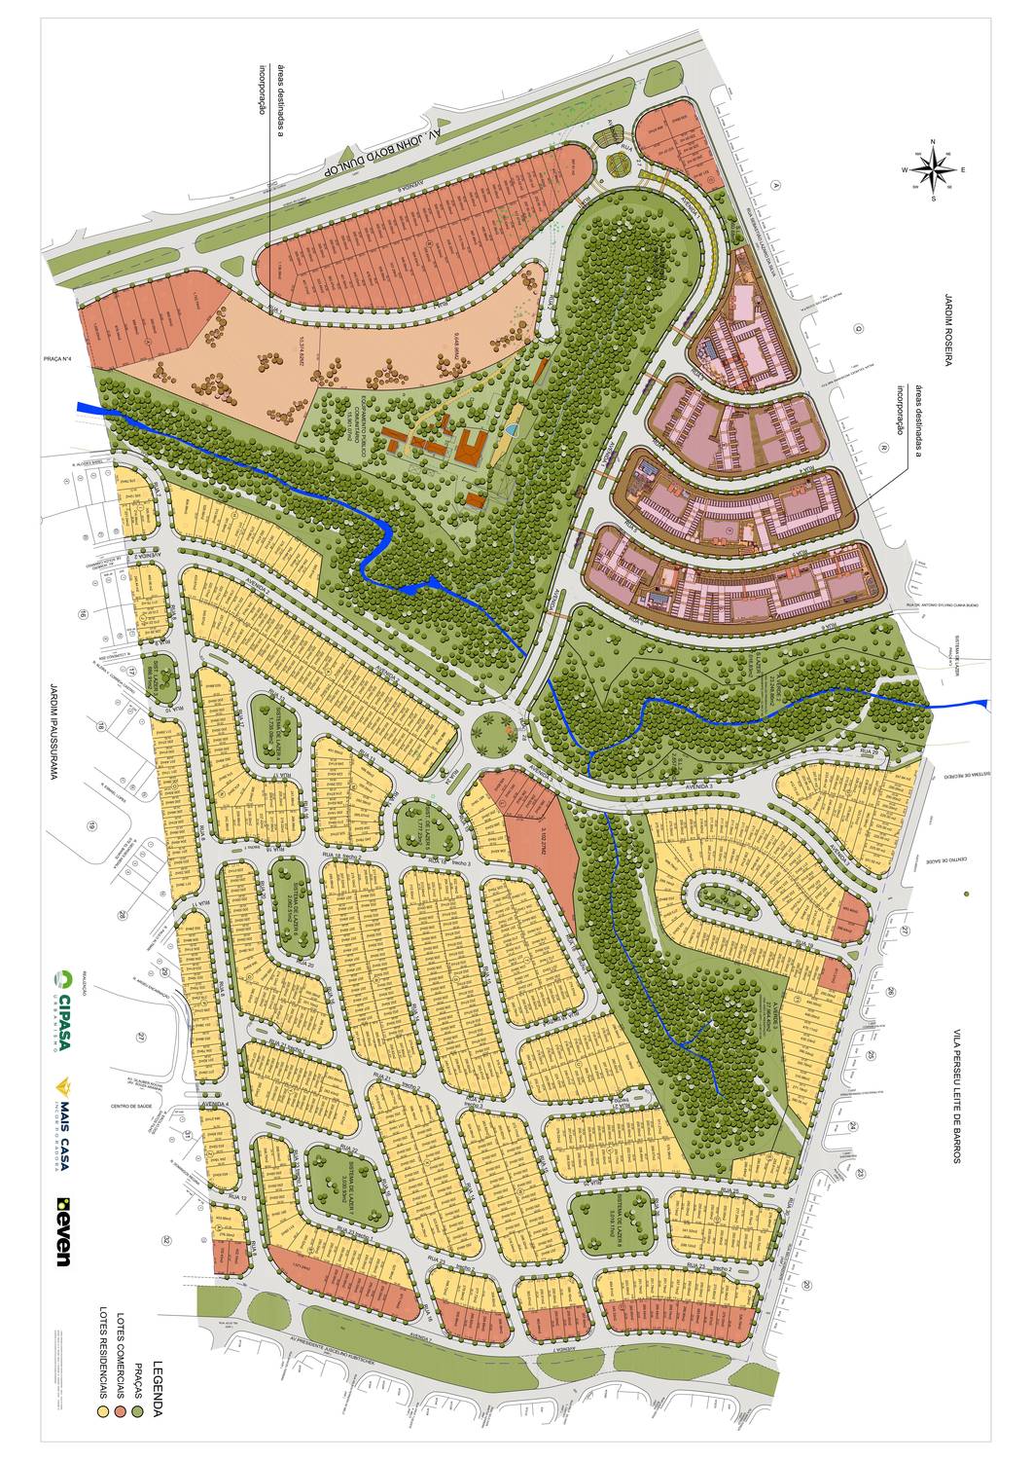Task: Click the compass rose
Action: (x=933, y=171)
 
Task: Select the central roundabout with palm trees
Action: (x=492, y=731)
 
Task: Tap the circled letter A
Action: (x=776, y=184)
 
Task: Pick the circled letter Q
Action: (x=859, y=328)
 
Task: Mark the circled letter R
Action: (x=884, y=449)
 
